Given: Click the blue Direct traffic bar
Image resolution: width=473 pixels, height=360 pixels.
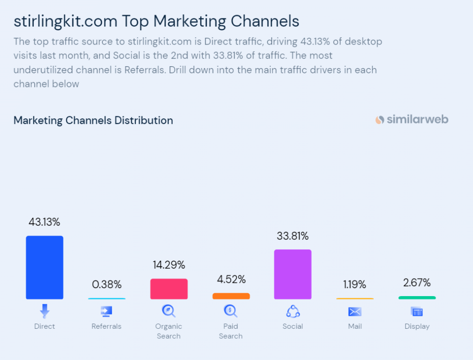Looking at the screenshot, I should pos(44,267).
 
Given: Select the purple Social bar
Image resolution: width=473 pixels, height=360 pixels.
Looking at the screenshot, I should pos(293,274).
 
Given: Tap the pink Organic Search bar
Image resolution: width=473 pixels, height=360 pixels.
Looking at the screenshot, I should pos(169,289).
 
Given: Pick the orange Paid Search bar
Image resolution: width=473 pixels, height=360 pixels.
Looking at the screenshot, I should pos(231,296).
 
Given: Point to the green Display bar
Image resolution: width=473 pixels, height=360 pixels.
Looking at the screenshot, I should pos(417,298).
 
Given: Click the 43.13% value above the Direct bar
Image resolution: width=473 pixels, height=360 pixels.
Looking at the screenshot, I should pos(44,222).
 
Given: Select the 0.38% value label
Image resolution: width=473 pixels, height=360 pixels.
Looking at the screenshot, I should pos(107,284).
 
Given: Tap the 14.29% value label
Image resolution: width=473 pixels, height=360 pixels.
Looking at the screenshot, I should pos(169,265).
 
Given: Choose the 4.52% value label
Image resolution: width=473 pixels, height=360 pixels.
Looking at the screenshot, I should pos(231,280).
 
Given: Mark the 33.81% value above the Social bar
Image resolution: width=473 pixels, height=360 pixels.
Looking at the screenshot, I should pos(293,236).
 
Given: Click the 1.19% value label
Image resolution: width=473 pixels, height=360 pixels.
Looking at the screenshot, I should pos(355,284).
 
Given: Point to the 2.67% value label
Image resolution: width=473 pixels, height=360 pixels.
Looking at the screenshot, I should pos(417,283).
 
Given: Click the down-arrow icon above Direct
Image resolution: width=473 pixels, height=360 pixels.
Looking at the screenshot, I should pos(44,311).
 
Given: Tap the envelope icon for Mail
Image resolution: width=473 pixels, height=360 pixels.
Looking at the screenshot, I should pos(355,311).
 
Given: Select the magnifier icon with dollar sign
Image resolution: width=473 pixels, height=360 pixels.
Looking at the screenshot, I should pos(231,311).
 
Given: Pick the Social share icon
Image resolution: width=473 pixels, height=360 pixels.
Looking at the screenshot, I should pos(293,311).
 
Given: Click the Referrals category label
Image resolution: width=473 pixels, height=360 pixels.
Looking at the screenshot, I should pos(106,326).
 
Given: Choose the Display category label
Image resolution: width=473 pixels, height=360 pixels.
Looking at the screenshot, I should pos(417,326).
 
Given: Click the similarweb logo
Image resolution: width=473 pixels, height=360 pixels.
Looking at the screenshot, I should pos(412,120).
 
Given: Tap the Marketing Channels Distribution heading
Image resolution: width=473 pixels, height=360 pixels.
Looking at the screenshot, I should pos(93,120).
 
